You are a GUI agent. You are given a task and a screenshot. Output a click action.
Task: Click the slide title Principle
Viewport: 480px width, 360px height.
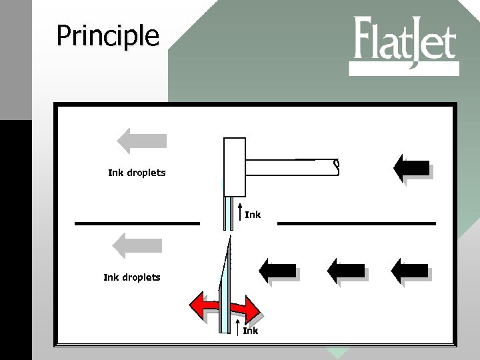tap(107, 36)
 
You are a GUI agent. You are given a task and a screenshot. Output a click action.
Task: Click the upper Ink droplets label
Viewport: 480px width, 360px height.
tap(137, 173)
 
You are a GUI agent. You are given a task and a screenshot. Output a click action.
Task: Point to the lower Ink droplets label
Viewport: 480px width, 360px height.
tap(131, 277)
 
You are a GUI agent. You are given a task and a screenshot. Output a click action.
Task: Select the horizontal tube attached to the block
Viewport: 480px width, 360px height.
tap(290, 168)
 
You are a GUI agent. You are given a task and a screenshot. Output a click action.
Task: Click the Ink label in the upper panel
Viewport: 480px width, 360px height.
tap(253, 215)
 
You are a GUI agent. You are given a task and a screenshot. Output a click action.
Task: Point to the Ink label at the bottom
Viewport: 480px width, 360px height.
tap(250, 330)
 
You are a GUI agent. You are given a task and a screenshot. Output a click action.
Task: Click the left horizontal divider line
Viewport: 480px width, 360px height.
tap(137, 223)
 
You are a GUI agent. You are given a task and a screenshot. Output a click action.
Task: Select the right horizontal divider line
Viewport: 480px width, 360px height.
tap(356, 223)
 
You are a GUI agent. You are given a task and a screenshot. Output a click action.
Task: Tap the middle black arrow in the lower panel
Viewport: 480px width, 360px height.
tap(346, 270)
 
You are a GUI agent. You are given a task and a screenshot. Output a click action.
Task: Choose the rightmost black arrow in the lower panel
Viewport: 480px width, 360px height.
tap(409, 270)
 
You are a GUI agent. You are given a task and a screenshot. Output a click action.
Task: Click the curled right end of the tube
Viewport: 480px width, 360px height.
tap(337, 167)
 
